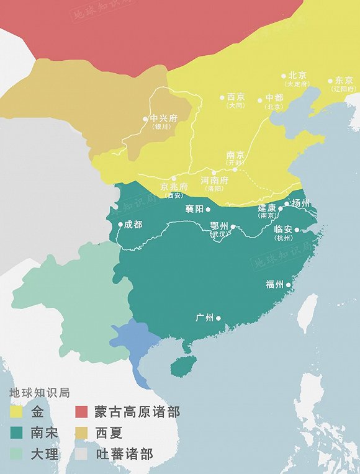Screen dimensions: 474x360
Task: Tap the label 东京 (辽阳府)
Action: (x=344, y=84)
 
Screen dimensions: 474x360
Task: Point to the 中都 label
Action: (x=274, y=101)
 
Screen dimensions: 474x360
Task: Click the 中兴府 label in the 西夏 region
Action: (x=160, y=121)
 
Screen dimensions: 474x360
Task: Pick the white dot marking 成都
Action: (x=120, y=225)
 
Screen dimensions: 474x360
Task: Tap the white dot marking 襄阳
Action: (x=208, y=210)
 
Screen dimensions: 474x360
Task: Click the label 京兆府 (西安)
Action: (x=174, y=189)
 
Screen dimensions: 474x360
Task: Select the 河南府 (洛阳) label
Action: (x=215, y=183)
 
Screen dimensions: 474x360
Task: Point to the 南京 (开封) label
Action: (x=235, y=158)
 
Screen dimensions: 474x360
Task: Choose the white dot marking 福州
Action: (x=289, y=285)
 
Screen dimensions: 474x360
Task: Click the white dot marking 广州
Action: (x=218, y=318)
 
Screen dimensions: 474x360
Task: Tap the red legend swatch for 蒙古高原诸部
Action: (x=82, y=412)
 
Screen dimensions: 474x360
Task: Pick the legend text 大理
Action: (x=45, y=454)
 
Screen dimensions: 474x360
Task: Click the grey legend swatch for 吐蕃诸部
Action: (x=82, y=454)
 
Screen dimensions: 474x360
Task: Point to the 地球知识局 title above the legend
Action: (x=38, y=393)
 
